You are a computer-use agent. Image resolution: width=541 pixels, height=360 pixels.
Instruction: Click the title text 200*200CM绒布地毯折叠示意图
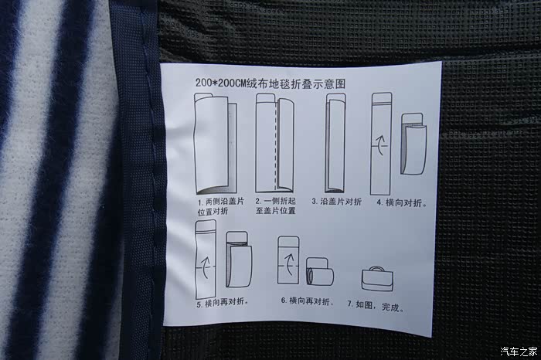(x=270, y=83)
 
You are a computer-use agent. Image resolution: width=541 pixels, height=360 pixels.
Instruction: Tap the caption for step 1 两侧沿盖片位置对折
(x=220, y=206)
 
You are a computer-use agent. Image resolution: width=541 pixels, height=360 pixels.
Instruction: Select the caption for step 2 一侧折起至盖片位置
(x=276, y=205)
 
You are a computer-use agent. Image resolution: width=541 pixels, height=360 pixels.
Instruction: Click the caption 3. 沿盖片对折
(x=336, y=202)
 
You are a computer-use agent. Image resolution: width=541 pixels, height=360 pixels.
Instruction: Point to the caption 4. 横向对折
(x=402, y=202)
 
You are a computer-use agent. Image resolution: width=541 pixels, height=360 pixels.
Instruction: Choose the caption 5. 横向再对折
(x=223, y=303)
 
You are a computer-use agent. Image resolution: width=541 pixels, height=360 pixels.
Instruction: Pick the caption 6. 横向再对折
(x=308, y=301)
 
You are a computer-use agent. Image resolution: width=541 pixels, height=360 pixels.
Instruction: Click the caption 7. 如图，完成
(x=376, y=306)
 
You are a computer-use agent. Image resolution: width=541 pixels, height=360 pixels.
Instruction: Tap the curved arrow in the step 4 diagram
(x=380, y=144)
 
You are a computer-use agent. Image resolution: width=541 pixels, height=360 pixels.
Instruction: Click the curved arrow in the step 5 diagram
(x=206, y=267)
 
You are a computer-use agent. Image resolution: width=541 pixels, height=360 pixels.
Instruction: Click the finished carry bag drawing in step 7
(x=377, y=279)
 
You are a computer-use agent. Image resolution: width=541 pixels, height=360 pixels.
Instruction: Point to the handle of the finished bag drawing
(x=377, y=268)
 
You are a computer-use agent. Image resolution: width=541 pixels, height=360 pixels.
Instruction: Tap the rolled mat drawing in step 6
(x=320, y=271)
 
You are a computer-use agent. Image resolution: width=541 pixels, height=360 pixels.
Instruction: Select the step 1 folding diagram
(x=216, y=143)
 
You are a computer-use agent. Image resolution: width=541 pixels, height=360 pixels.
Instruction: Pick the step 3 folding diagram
(x=335, y=143)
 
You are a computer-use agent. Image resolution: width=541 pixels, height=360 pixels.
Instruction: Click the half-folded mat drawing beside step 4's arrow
(x=413, y=144)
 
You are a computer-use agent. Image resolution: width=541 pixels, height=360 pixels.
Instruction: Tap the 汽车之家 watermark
(x=519, y=352)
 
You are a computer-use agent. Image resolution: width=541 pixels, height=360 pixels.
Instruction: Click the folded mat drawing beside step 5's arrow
(x=239, y=260)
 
